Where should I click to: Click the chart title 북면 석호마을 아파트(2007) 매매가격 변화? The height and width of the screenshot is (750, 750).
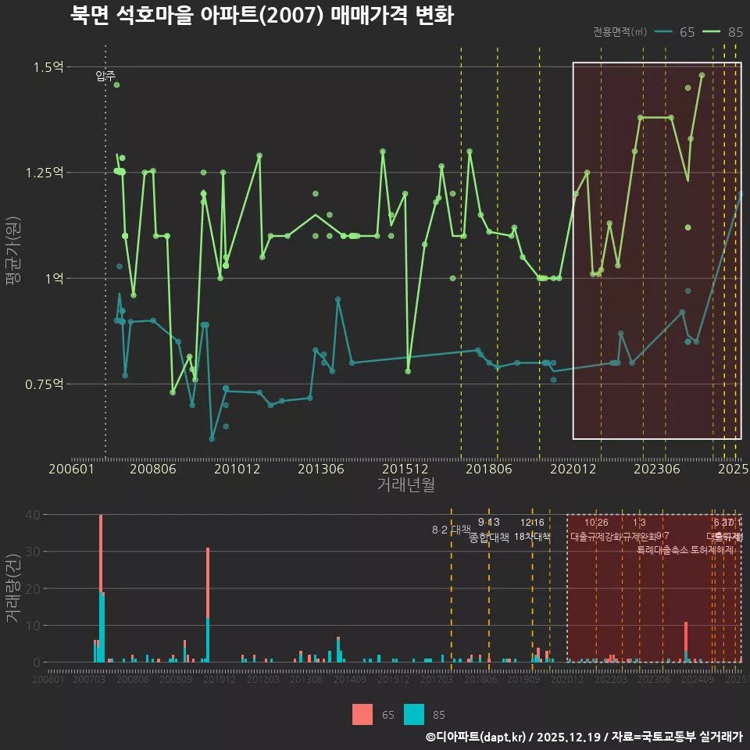coord(262,16)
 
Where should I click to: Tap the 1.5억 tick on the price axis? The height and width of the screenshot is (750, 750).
coord(48,67)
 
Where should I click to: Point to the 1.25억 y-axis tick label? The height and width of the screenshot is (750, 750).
coord(45,173)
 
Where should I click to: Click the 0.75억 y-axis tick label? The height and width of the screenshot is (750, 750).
coord(45,384)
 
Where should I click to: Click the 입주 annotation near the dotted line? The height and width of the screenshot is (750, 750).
coord(105,76)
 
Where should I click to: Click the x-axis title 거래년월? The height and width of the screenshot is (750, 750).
coord(405,485)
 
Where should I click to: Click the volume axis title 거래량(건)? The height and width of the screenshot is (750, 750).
coord(12,588)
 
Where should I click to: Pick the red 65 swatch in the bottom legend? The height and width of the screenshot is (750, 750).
coord(362,714)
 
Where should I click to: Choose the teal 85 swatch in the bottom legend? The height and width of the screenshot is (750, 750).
coord(414,714)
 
